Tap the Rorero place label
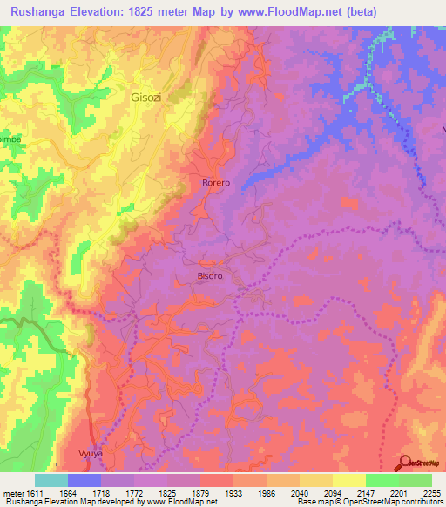(215, 183)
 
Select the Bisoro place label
(210, 276)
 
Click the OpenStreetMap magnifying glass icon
(406, 463)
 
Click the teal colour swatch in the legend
(51, 480)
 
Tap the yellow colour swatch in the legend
(349, 480)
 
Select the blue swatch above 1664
(84, 480)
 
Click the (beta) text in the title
(407, 11)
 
